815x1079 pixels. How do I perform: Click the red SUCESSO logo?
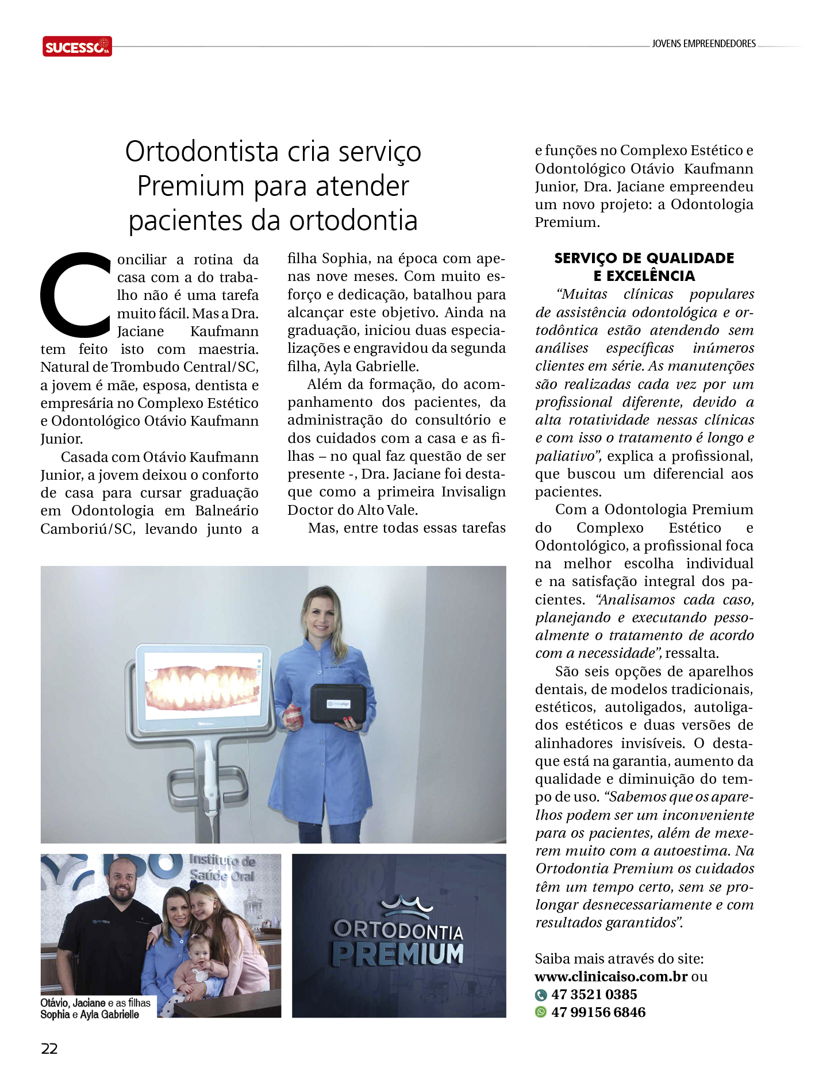[x=77, y=46]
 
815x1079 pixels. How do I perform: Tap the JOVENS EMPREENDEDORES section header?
[x=703, y=44]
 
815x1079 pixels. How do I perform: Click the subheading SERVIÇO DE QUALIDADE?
[x=644, y=258]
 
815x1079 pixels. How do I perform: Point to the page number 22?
[x=49, y=1049]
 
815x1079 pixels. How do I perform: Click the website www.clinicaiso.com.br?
[x=611, y=977]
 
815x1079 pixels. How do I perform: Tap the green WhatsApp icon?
[x=541, y=1012]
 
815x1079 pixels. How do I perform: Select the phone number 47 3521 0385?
[x=594, y=995]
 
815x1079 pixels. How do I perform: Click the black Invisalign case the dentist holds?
[x=339, y=703]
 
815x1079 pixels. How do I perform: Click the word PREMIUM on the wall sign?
[x=398, y=954]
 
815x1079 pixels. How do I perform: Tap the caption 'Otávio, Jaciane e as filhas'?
[x=95, y=1003]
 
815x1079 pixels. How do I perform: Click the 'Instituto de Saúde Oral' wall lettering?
[x=222, y=868]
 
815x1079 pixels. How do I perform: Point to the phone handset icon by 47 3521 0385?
[x=541, y=995]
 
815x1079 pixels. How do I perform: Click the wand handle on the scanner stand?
[x=211, y=787]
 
